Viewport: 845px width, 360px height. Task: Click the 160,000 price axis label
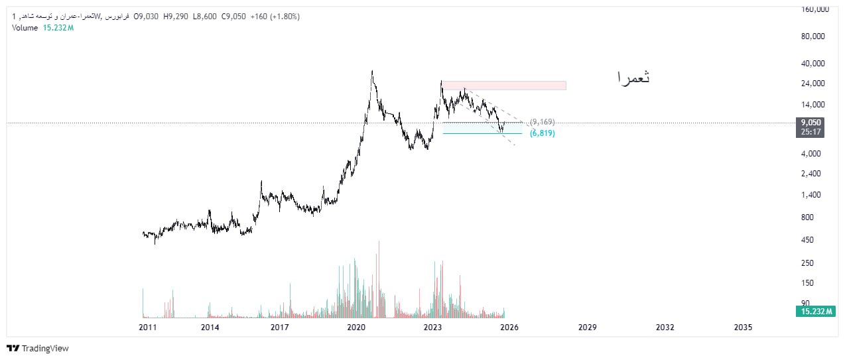pyautogui.click(x=814, y=9)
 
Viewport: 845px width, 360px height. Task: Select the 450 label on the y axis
pyautogui.click(x=809, y=240)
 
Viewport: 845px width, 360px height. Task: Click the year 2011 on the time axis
pyautogui.click(x=148, y=328)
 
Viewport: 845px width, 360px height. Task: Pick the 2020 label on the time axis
pyautogui.click(x=357, y=328)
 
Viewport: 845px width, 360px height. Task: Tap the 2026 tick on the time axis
pyautogui.click(x=509, y=328)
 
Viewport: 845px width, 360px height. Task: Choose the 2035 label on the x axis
pyautogui.click(x=743, y=328)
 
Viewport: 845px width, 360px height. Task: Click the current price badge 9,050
pyautogui.click(x=811, y=123)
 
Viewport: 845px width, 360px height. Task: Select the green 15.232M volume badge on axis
pyautogui.click(x=814, y=312)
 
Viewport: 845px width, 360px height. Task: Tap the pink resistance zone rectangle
pyautogui.click(x=504, y=86)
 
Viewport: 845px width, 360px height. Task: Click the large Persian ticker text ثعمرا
pyautogui.click(x=633, y=78)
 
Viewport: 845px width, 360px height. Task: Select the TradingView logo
pyautogui.click(x=38, y=348)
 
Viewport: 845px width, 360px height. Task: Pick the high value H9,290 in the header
pyautogui.click(x=175, y=17)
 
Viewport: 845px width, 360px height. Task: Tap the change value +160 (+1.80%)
pyautogui.click(x=275, y=17)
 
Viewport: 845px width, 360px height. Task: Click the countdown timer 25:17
pyautogui.click(x=811, y=132)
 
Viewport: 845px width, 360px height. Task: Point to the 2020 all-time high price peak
pyautogui.click(x=371, y=71)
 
